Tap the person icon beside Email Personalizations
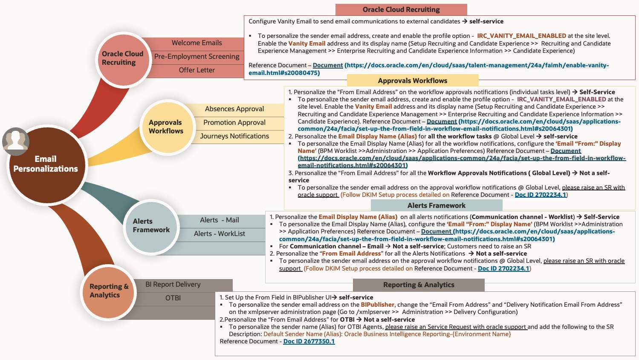(x=16, y=141)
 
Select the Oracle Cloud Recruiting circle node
(x=123, y=58)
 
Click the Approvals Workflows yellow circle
(x=166, y=127)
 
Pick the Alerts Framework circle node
(x=151, y=226)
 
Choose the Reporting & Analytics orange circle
(x=108, y=291)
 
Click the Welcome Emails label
(x=197, y=43)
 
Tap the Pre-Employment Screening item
(x=197, y=57)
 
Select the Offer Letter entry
(x=197, y=70)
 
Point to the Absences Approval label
(x=234, y=109)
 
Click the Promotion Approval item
(x=234, y=123)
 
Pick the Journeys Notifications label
(x=234, y=136)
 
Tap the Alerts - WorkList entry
(x=220, y=234)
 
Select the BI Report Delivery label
(x=173, y=285)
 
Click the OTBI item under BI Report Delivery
(x=173, y=298)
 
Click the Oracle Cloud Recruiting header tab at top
(x=401, y=10)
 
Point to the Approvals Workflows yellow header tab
(x=413, y=81)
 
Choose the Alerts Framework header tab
(x=437, y=205)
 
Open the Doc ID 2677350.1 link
(x=309, y=342)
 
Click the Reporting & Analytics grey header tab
(x=419, y=285)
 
